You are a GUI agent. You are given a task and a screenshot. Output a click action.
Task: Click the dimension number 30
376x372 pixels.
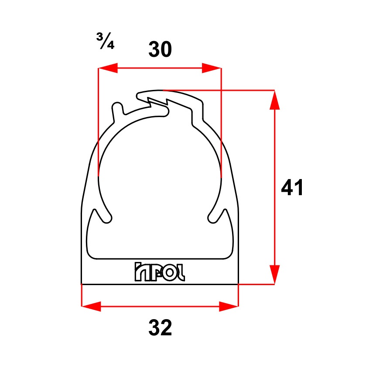click(x=160, y=49)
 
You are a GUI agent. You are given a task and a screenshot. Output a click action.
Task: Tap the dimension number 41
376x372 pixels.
click(x=292, y=187)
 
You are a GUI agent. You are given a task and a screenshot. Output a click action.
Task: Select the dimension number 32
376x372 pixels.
click(x=160, y=327)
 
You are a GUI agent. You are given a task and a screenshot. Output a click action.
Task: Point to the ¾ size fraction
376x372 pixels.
click(x=105, y=41)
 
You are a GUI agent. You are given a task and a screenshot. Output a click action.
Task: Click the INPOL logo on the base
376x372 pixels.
click(x=160, y=272)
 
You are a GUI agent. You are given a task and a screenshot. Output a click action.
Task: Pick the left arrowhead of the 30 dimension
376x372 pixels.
click(x=108, y=68)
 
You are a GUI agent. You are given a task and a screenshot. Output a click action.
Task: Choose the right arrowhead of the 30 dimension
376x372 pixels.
click(x=212, y=68)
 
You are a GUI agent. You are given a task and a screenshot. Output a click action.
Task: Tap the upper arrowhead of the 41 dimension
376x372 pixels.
click(x=274, y=100)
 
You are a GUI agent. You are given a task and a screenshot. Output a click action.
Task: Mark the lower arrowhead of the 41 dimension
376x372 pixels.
click(x=274, y=275)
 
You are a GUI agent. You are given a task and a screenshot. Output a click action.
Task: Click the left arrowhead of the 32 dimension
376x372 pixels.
click(x=91, y=306)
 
